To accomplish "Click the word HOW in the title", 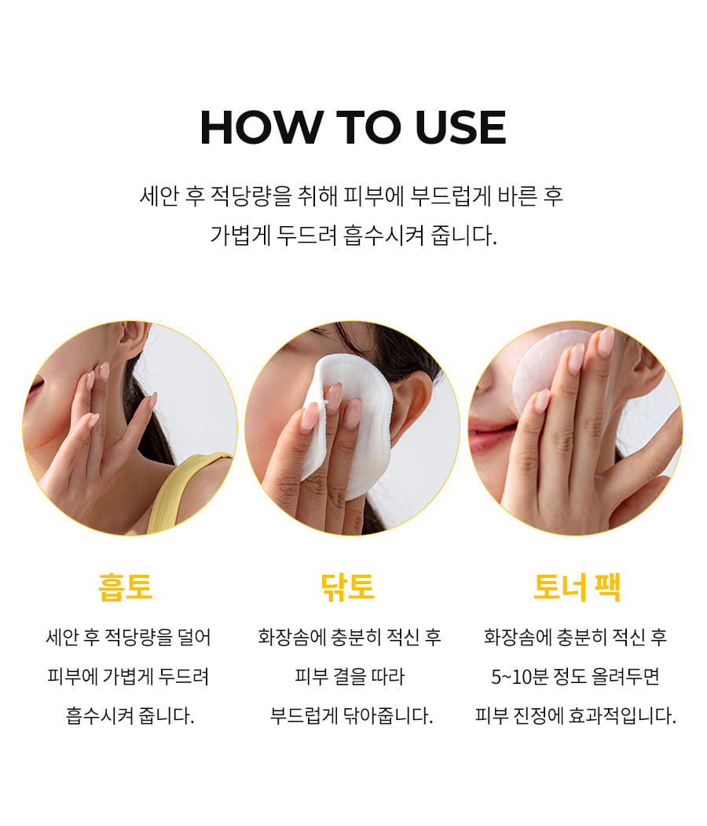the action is coord(262,127).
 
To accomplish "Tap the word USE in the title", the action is coord(461,127).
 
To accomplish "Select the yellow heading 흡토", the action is coord(126,587).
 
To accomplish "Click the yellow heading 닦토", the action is coord(348,587).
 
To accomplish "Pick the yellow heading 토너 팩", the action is coord(577,587).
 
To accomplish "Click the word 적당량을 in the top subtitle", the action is coord(251,196).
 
